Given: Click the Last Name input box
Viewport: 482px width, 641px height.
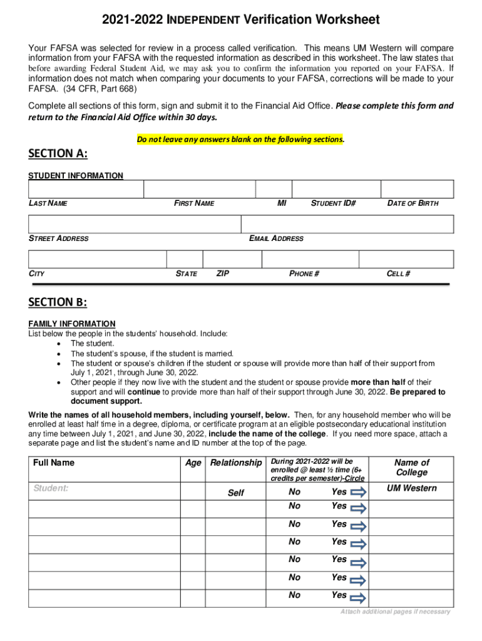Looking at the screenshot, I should (x=86, y=189).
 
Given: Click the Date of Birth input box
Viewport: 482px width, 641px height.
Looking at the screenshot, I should (x=418, y=189).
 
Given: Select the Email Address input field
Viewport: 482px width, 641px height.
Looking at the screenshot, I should (x=347, y=224).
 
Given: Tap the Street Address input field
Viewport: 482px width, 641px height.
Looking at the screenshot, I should (x=135, y=224).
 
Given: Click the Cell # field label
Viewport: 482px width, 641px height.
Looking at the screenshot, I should (x=399, y=274).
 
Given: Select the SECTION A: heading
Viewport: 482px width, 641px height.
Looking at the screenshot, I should (x=58, y=154).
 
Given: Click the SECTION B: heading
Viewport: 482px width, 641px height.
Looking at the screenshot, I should (x=58, y=302).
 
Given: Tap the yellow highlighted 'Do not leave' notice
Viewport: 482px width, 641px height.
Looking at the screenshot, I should (x=240, y=140).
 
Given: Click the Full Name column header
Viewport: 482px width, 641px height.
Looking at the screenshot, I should (x=54, y=463).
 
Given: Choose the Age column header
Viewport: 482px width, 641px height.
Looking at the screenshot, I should (x=193, y=463).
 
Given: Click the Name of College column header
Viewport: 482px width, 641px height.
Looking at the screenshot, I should (x=411, y=468).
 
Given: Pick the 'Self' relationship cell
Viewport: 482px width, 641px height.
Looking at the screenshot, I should (x=235, y=493).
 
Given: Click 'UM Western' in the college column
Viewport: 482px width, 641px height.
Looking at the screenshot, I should (x=411, y=488).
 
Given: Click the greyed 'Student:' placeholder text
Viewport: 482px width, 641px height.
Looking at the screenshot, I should (x=51, y=488).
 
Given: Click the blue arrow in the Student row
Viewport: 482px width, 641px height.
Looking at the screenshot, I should (x=359, y=493).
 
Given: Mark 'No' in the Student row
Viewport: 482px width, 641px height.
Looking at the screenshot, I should (x=295, y=492).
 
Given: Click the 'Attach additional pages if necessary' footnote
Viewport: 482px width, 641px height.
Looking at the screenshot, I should (x=395, y=612).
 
